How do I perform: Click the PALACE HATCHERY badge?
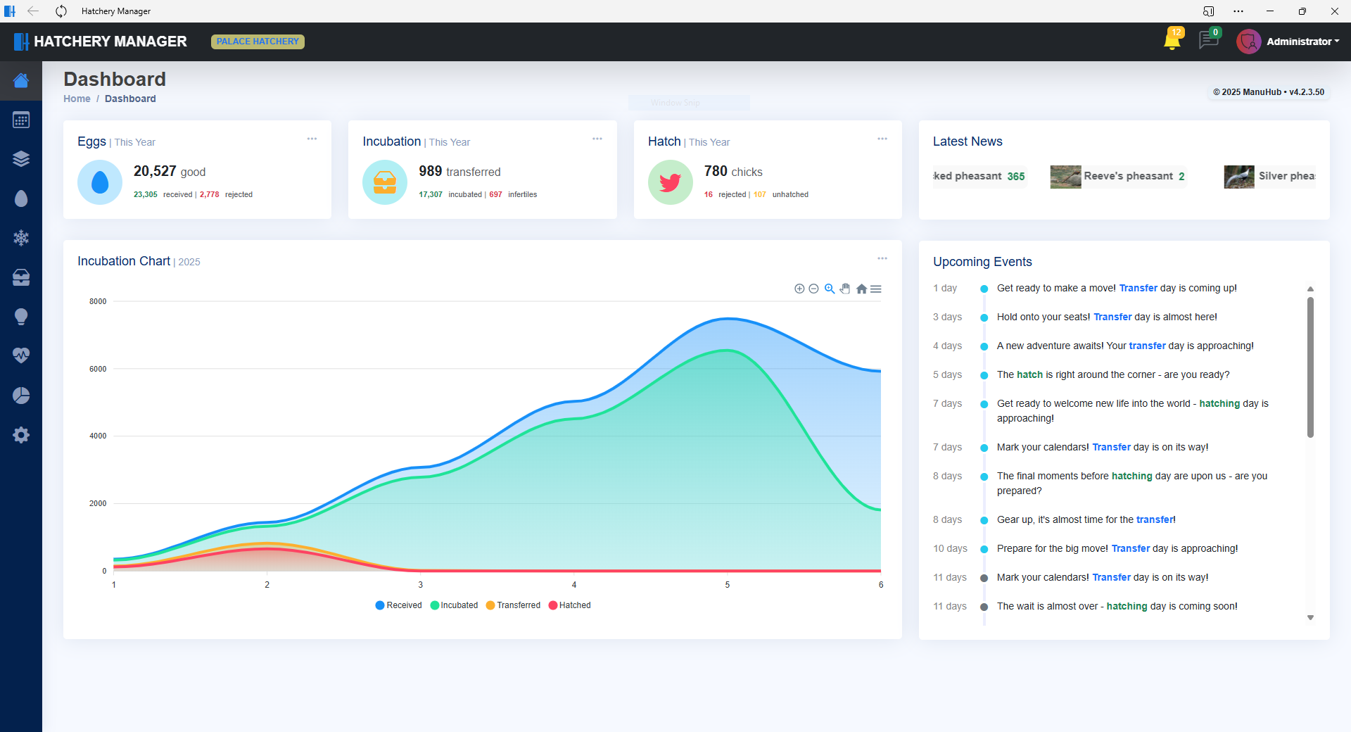pyautogui.click(x=258, y=42)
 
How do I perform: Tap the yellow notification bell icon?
pyautogui.click(x=1172, y=41)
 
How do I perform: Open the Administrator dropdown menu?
pyautogui.click(x=1302, y=42)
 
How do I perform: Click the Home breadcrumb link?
pyautogui.click(x=77, y=99)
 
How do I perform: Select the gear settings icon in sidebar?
pyautogui.click(x=21, y=435)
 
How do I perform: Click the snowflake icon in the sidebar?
pyautogui.click(x=21, y=238)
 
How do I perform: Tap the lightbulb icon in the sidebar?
pyautogui.click(x=21, y=317)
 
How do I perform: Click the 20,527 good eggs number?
pyautogui.click(x=155, y=171)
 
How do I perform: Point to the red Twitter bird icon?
pyautogui.click(x=670, y=182)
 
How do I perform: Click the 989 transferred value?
pyautogui.click(x=430, y=171)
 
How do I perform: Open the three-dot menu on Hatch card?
pyautogui.click(x=882, y=139)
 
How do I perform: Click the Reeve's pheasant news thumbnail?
pyautogui.click(x=1065, y=177)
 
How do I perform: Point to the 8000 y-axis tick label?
pyautogui.click(x=98, y=301)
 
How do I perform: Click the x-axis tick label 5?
pyautogui.click(x=728, y=585)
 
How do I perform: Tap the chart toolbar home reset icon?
pyautogui.click(x=861, y=289)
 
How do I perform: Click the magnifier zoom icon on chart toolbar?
pyautogui.click(x=830, y=289)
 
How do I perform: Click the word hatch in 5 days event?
pyautogui.click(x=1029, y=374)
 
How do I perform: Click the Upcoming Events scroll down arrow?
pyautogui.click(x=1310, y=618)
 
